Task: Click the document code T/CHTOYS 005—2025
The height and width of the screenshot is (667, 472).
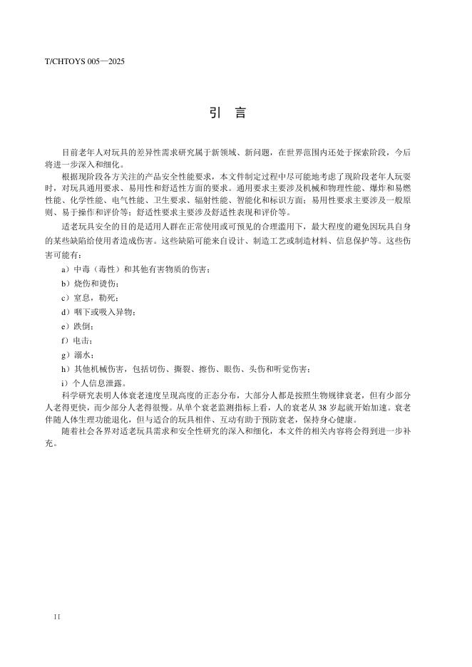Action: click(85, 62)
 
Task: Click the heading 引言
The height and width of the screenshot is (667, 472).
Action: click(228, 114)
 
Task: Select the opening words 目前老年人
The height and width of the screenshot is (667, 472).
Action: click(80, 152)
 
